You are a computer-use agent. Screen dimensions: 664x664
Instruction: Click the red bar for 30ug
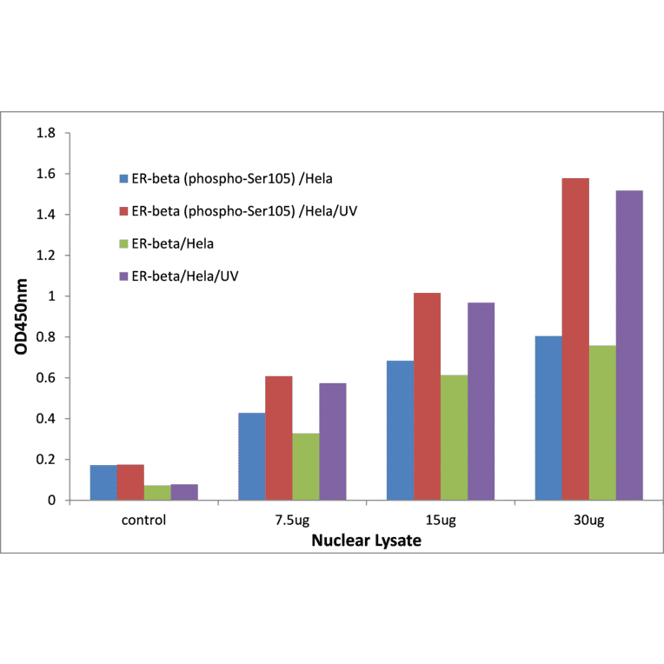pyautogui.click(x=575, y=339)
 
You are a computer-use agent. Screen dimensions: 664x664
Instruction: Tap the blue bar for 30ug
pyautogui.click(x=548, y=418)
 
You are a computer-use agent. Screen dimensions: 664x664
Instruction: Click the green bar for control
pyautogui.click(x=157, y=493)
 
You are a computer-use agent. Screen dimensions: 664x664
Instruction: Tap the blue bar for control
pyautogui.click(x=103, y=482)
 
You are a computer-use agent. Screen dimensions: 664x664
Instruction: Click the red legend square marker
pyautogui.click(x=123, y=212)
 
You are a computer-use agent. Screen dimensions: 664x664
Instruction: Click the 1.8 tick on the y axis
pyautogui.click(x=45, y=134)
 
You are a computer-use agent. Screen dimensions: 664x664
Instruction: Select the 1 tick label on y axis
pyautogui.click(x=51, y=296)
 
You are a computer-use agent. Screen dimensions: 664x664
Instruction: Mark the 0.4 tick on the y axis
pyautogui.click(x=45, y=419)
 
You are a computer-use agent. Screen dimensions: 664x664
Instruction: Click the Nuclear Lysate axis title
pyautogui.click(x=367, y=541)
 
